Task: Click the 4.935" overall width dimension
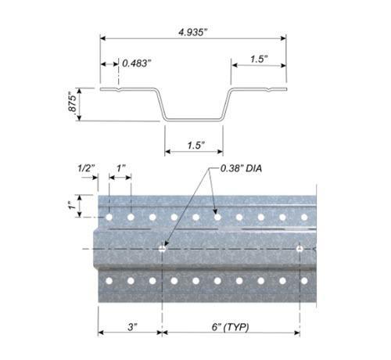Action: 192,32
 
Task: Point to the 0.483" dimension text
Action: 137,63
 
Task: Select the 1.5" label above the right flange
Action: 259,59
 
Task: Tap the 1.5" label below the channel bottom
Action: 195,146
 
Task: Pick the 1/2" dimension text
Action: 86,168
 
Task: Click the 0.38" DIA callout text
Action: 241,168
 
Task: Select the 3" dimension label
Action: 132,326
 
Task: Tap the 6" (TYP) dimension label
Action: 230,326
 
